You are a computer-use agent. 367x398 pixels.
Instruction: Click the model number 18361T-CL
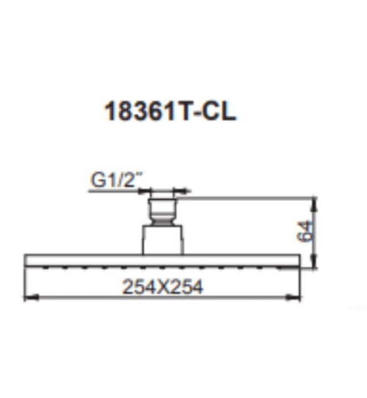170,111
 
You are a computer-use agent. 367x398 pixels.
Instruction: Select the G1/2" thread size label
114,180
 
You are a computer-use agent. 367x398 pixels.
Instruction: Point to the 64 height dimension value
306,231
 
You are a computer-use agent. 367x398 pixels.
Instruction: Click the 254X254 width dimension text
162,287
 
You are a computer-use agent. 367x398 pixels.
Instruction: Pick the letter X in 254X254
162,287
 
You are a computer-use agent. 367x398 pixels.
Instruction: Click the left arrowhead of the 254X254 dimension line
28,297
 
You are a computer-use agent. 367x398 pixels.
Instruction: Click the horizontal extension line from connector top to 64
245,198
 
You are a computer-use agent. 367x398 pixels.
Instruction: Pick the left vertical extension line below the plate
24,281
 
